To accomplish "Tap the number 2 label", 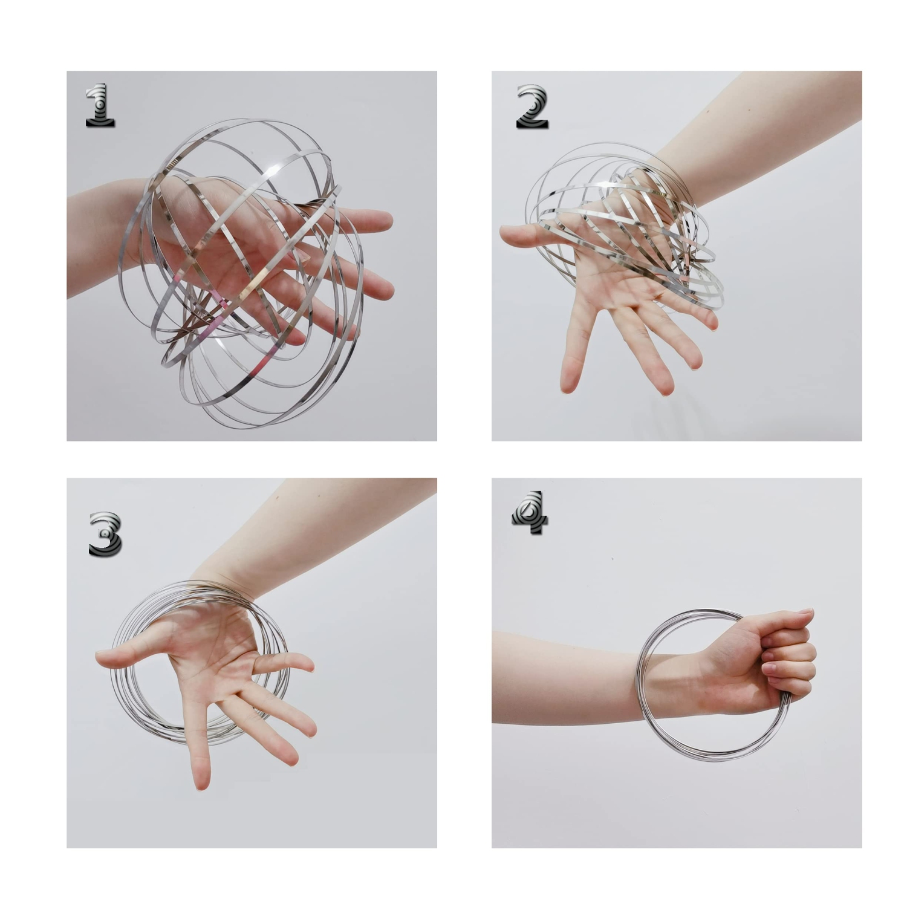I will (x=532, y=107).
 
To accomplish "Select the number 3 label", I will (x=105, y=534).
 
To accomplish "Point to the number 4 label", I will (x=530, y=513).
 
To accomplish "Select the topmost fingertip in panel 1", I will (x=384, y=219).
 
